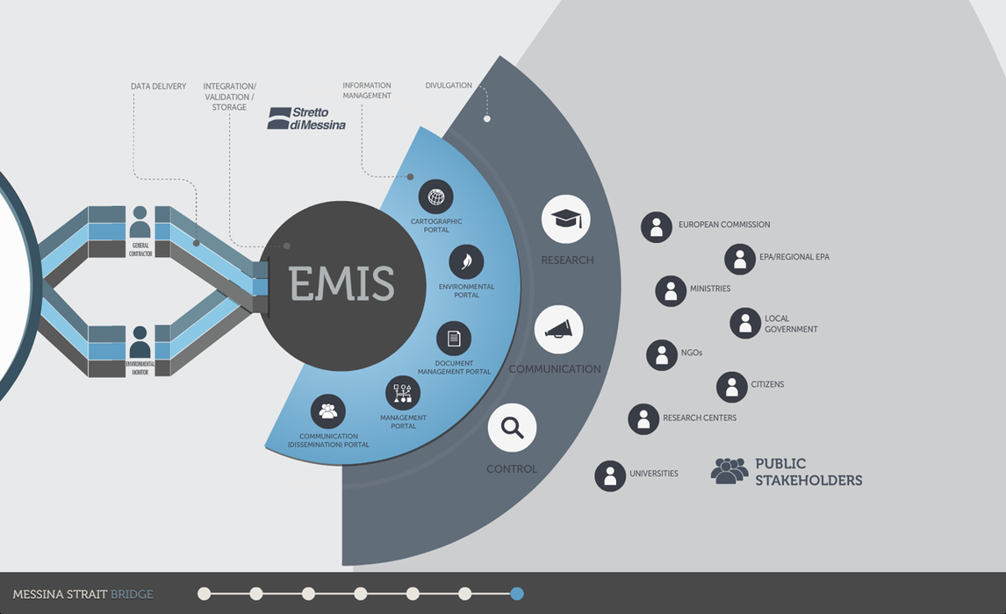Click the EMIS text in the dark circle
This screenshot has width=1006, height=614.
click(x=342, y=284)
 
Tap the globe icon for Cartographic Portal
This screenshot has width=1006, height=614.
click(x=435, y=196)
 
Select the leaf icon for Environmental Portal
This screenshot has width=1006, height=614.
click(x=466, y=261)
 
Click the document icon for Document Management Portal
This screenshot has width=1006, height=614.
click(x=454, y=339)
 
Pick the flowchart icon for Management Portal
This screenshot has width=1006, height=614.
click(x=403, y=393)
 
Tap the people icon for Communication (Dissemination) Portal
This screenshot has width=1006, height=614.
click(x=328, y=411)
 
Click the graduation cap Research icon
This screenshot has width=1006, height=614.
click(x=565, y=219)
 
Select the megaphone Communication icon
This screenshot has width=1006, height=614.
click(x=558, y=330)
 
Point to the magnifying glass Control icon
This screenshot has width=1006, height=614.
click(x=512, y=428)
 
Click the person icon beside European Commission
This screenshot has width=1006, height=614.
click(x=657, y=226)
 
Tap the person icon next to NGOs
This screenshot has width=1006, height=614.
click(x=662, y=354)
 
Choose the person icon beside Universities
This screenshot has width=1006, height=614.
click(x=610, y=475)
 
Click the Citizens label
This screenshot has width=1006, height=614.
click(x=767, y=384)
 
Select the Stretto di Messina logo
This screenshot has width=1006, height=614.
click(x=306, y=118)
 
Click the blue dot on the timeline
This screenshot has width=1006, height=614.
click(x=517, y=594)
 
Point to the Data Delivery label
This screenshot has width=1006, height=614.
click(x=158, y=87)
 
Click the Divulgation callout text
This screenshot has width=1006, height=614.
click(x=449, y=86)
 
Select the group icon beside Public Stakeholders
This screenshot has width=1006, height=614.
click(x=729, y=471)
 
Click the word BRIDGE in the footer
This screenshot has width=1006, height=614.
click(x=132, y=595)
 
